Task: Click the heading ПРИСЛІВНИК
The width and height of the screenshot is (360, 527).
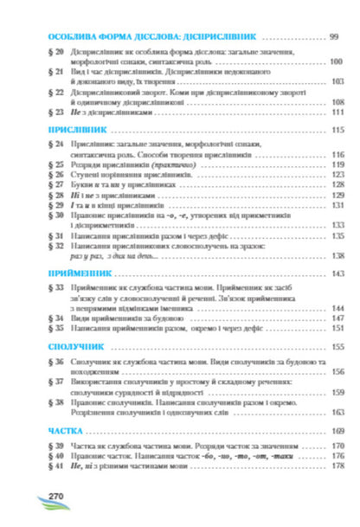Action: [69, 129]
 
